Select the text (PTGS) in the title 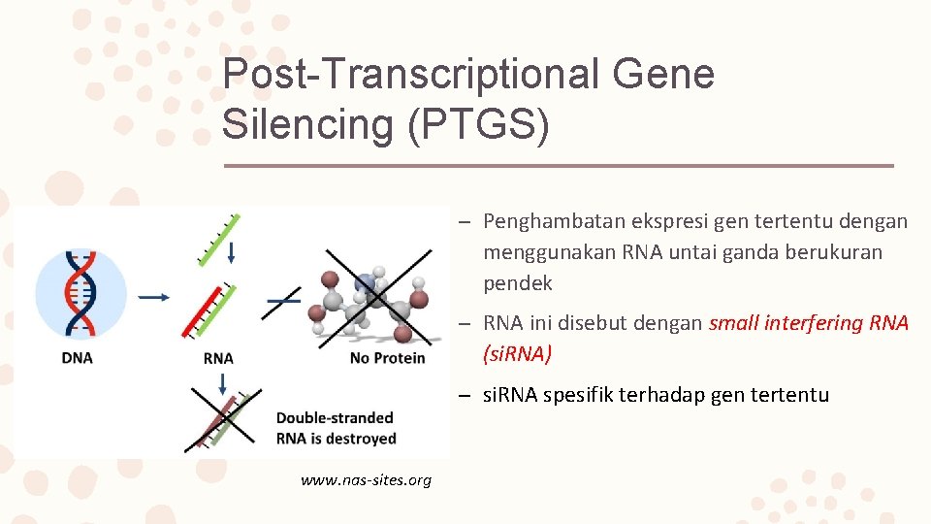coord(478,123)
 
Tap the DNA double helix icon coord(81,291)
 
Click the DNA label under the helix coord(78,358)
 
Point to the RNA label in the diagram coord(218,358)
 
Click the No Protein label coord(387,358)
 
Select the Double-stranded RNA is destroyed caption coord(336,428)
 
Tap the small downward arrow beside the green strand coord(231,252)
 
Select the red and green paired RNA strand coord(209,310)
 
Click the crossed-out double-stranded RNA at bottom coord(223,419)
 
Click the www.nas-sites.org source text coord(366,480)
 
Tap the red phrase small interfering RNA coord(809,323)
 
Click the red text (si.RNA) coord(517,354)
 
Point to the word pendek coord(518,283)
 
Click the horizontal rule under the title coord(558,166)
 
